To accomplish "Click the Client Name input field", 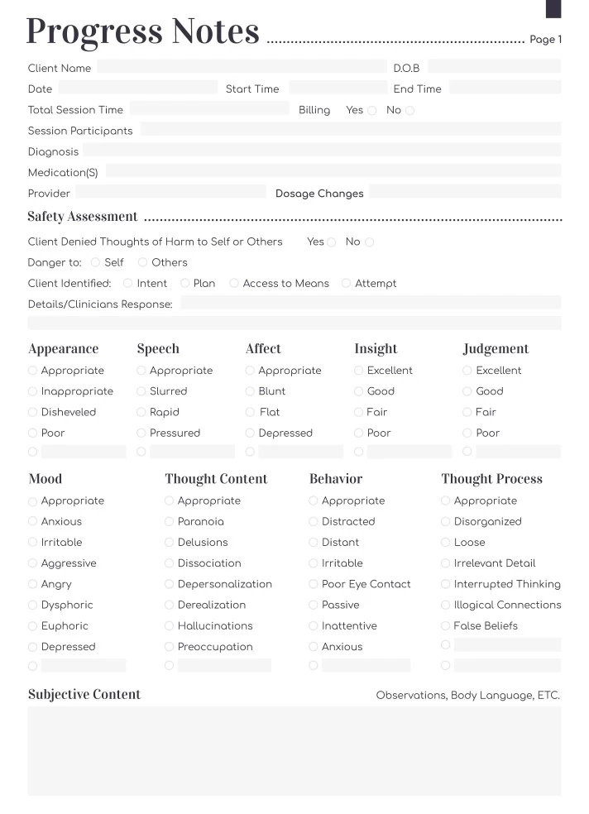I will pyautogui.click(x=241, y=67).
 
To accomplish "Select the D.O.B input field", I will pyautogui.click(x=494, y=67).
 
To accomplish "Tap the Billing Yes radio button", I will pyautogui.click(x=372, y=111).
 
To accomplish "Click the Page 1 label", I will pyautogui.click(x=545, y=40).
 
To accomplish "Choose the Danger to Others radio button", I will pyautogui.click(x=142, y=263).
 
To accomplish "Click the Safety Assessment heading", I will pyautogui.click(x=83, y=217).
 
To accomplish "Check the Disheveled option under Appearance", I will pyautogui.click(x=33, y=413).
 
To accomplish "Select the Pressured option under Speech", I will pyautogui.click(x=141, y=433).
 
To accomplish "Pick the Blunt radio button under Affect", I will pyautogui.click(x=250, y=392).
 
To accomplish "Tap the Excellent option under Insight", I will pyautogui.click(x=358, y=371).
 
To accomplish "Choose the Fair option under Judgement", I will pyautogui.click(x=467, y=413).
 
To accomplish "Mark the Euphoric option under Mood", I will pyautogui.click(x=33, y=627).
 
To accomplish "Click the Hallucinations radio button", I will pyautogui.click(x=170, y=627).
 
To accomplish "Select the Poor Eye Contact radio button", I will pyautogui.click(x=314, y=585).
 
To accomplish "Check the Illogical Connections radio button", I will pyautogui.click(x=446, y=606).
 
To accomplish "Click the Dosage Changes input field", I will pyautogui.click(x=464, y=193).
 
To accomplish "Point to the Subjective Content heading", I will pyautogui.click(x=84, y=695).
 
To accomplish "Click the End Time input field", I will pyautogui.click(x=505, y=88).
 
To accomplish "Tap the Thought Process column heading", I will pyautogui.click(x=491, y=479).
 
